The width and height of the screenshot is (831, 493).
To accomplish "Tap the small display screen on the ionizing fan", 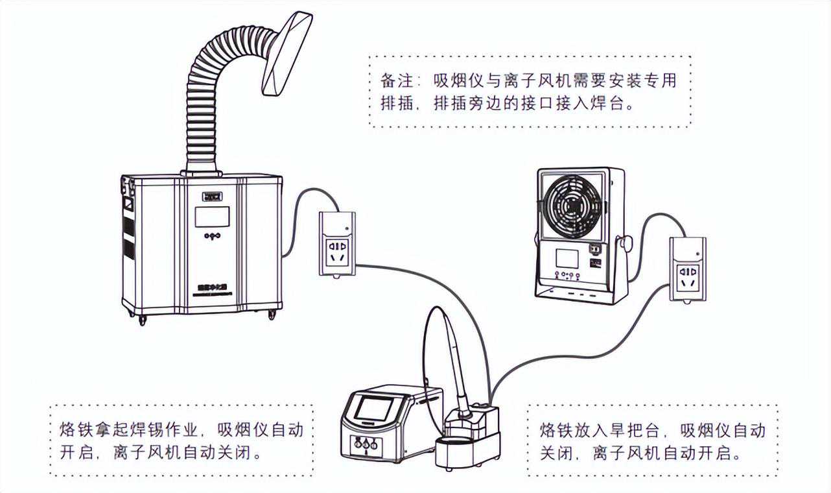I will click(568, 258).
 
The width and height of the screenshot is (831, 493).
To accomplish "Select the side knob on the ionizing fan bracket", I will click(626, 244).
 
